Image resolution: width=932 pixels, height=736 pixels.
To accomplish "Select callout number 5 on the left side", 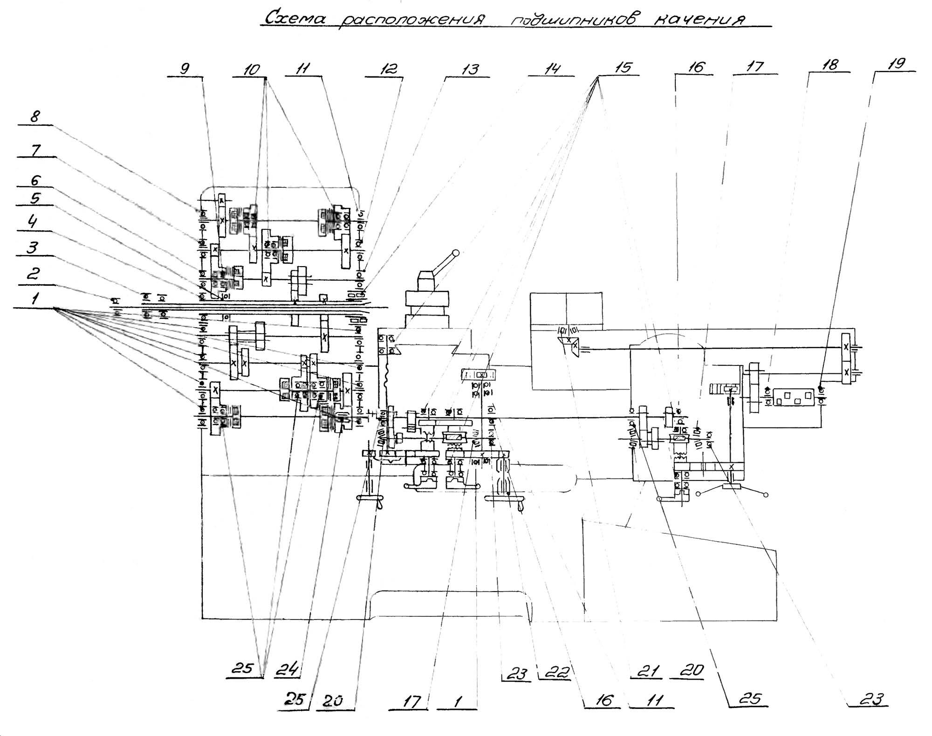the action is coord(35,198).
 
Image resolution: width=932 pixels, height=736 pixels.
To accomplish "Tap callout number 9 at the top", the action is coord(185,69).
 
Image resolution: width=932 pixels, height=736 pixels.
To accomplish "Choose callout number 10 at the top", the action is coord(252,70).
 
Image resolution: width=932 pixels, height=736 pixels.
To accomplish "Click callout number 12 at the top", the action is coord(389,69).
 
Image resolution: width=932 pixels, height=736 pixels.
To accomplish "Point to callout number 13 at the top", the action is coord(470,70).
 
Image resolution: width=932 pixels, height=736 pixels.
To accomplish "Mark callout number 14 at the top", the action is coord(552,69).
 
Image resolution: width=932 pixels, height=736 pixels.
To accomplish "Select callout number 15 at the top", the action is coord(623,68).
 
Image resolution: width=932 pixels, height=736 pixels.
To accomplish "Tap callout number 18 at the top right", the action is coord(830,64).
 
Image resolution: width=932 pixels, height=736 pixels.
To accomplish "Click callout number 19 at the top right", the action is coord(896,64).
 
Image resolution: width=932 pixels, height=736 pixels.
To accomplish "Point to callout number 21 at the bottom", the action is coord(649,671).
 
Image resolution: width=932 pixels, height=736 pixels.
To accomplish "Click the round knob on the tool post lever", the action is coord(456,253).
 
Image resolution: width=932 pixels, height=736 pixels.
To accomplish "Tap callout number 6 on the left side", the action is coord(35,180).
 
